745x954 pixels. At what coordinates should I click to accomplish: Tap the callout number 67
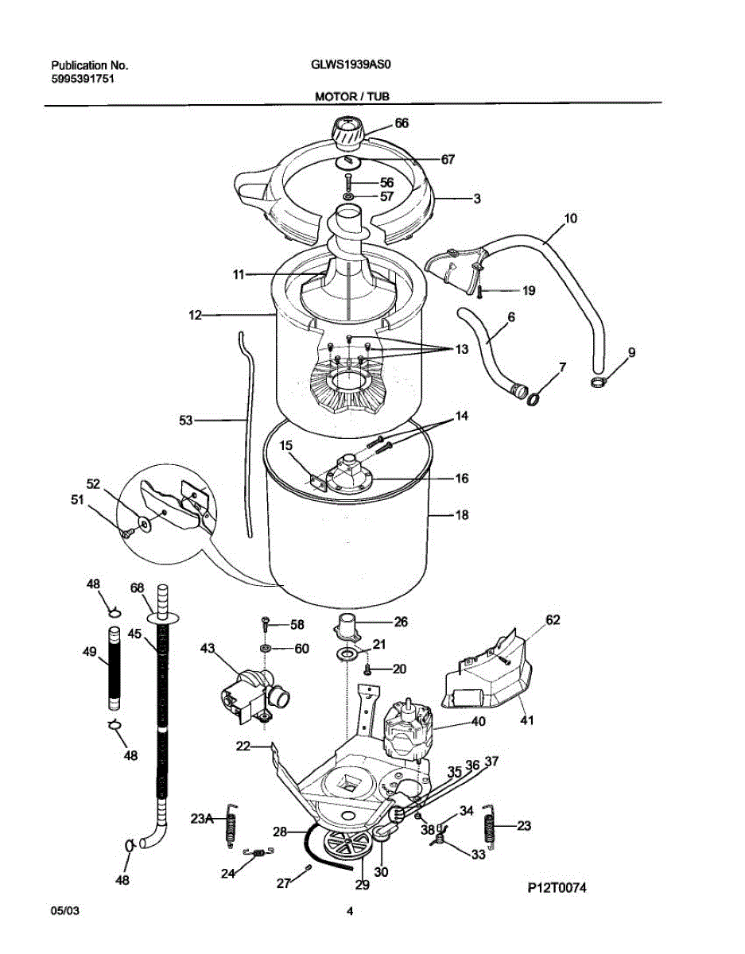[448, 159]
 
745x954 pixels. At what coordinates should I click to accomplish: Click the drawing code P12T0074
[556, 888]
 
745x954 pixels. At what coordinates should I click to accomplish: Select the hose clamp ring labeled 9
[599, 385]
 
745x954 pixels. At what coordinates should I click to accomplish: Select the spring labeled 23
[491, 831]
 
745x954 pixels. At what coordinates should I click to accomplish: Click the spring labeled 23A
[232, 824]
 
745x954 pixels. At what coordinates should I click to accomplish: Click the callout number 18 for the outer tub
[461, 515]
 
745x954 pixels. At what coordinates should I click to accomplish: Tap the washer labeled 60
[266, 649]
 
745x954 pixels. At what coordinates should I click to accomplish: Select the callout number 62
[553, 620]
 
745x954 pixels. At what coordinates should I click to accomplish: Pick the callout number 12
[196, 316]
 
